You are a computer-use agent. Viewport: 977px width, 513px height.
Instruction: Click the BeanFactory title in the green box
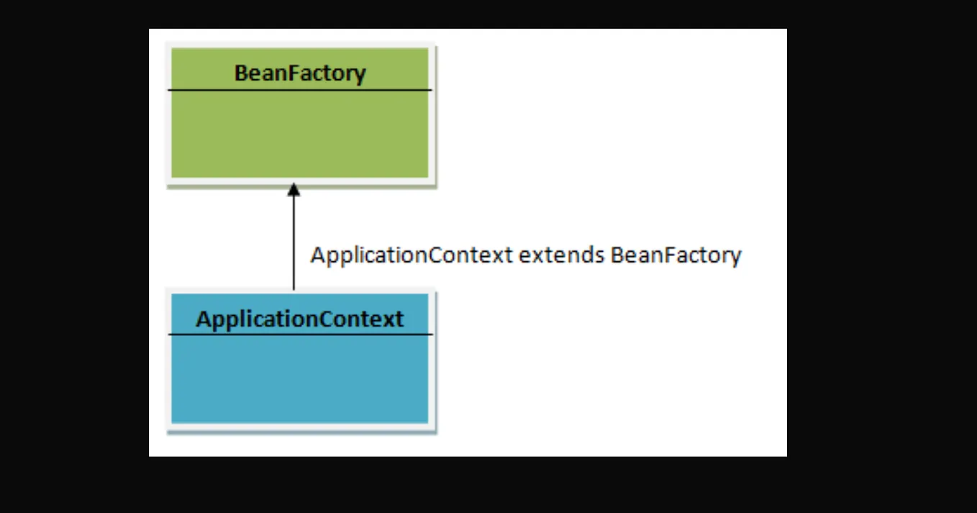point(300,73)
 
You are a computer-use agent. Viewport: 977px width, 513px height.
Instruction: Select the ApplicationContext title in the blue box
point(300,319)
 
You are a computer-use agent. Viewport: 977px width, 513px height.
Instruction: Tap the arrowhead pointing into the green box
point(293,190)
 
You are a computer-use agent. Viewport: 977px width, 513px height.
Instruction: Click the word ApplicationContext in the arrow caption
point(412,255)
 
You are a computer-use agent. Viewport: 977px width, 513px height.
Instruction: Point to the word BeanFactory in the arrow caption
point(676,255)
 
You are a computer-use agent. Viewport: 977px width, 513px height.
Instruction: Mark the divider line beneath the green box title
point(300,90)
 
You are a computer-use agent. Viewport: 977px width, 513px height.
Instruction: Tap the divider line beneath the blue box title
point(300,335)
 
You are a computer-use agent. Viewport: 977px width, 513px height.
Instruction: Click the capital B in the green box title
point(242,73)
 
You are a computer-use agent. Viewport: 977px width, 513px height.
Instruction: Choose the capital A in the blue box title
point(203,319)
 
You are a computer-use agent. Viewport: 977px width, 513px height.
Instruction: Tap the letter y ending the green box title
point(360,75)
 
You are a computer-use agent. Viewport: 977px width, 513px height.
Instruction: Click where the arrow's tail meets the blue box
point(293,289)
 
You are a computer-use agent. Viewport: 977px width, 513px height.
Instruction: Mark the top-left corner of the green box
point(168,45)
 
